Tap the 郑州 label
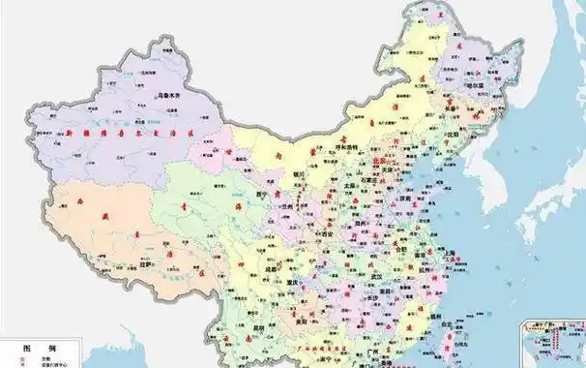pos(362,225)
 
